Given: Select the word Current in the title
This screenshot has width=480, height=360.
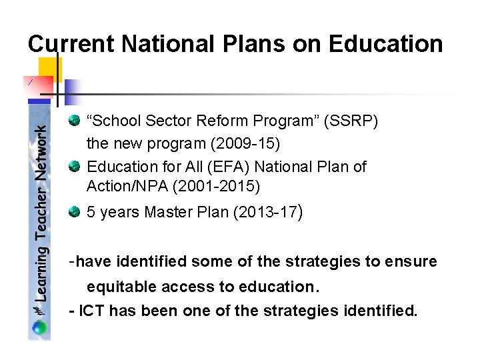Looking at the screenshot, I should coord(71,44).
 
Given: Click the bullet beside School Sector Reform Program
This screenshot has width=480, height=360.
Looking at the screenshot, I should coord(74,121).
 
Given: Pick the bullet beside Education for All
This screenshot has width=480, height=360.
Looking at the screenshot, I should coord(74,166).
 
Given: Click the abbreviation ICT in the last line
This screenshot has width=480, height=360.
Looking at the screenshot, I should coord(93,310).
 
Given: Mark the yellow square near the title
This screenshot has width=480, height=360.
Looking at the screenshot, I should coord(50,69).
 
